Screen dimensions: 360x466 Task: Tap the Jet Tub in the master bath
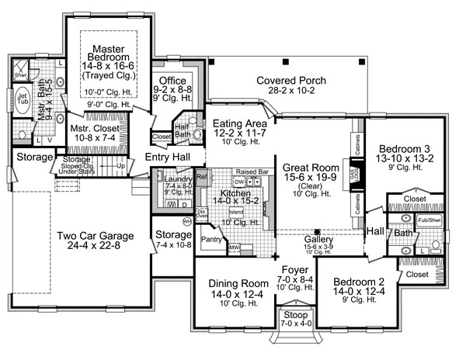click(21, 99)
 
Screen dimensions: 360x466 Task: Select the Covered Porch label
click(291, 81)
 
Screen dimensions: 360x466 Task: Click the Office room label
click(171, 81)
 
